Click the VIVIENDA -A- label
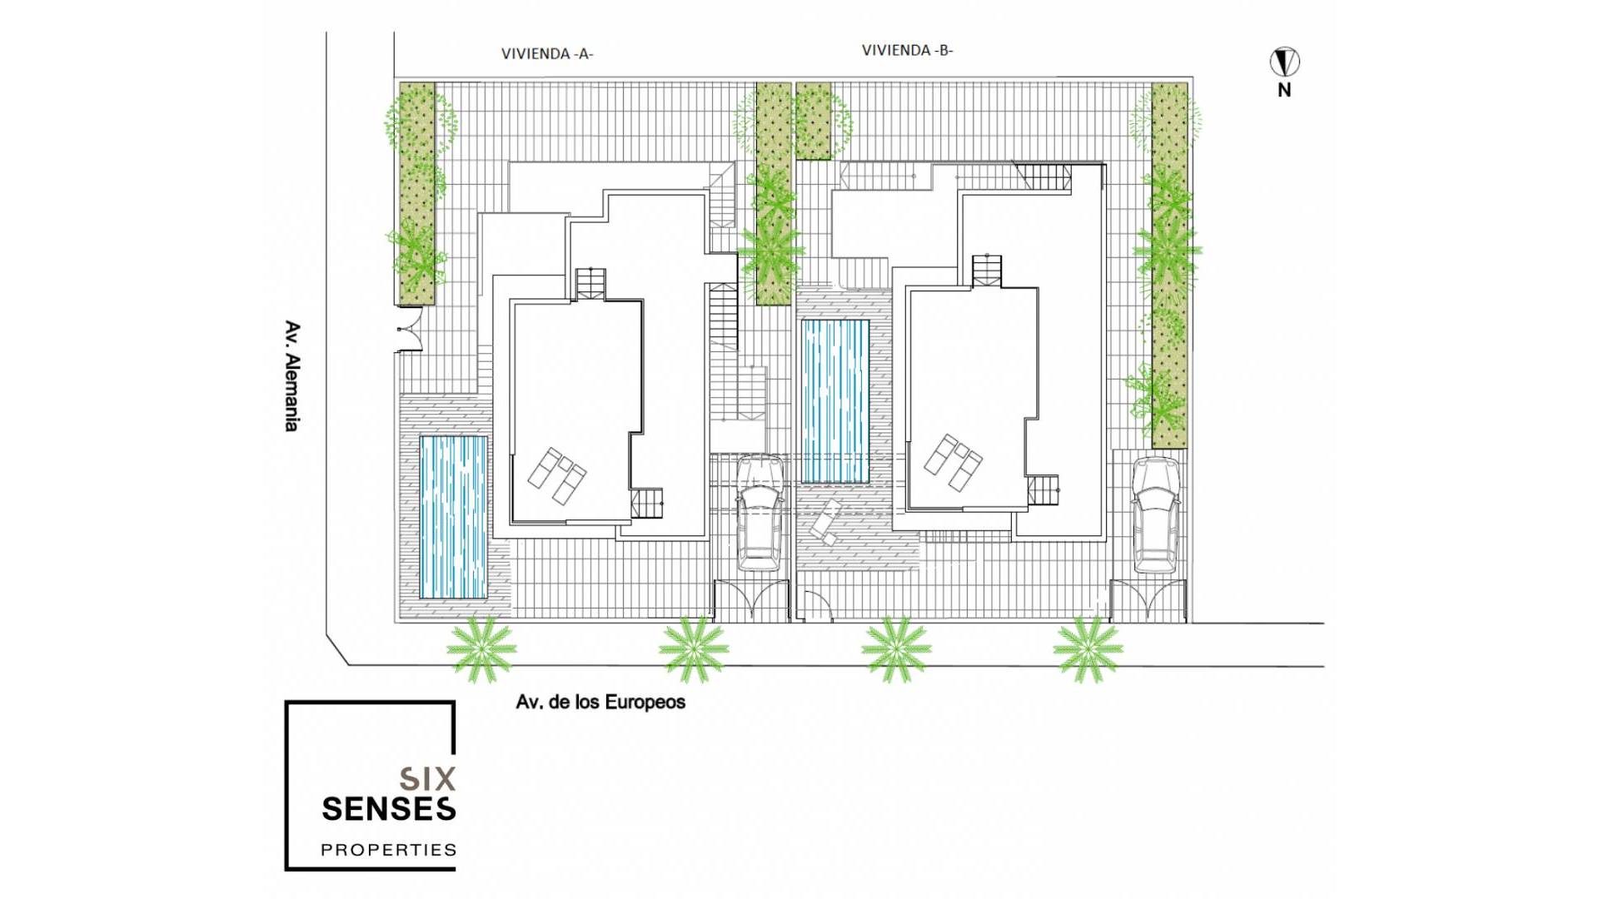click(x=547, y=54)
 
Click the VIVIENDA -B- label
click(x=907, y=50)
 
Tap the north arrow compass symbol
click(x=1284, y=62)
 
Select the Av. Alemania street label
click(x=291, y=376)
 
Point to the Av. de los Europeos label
click(x=600, y=702)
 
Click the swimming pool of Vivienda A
click(x=453, y=517)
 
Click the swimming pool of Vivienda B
click(x=835, y=401)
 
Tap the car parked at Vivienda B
click(x=1156, y=516)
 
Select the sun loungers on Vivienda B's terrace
click(x=953, y=463)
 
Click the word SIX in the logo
click(x=427, y=778)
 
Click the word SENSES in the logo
click(x=388, y=808)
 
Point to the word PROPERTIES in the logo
click(x=388, y=850)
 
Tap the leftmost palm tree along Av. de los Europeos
click(x=481, y=648)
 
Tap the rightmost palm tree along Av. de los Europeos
click(x=1088, y=648)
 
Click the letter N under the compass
click(x=1284, y=90)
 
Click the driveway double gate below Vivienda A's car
click(x=752, y=600)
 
